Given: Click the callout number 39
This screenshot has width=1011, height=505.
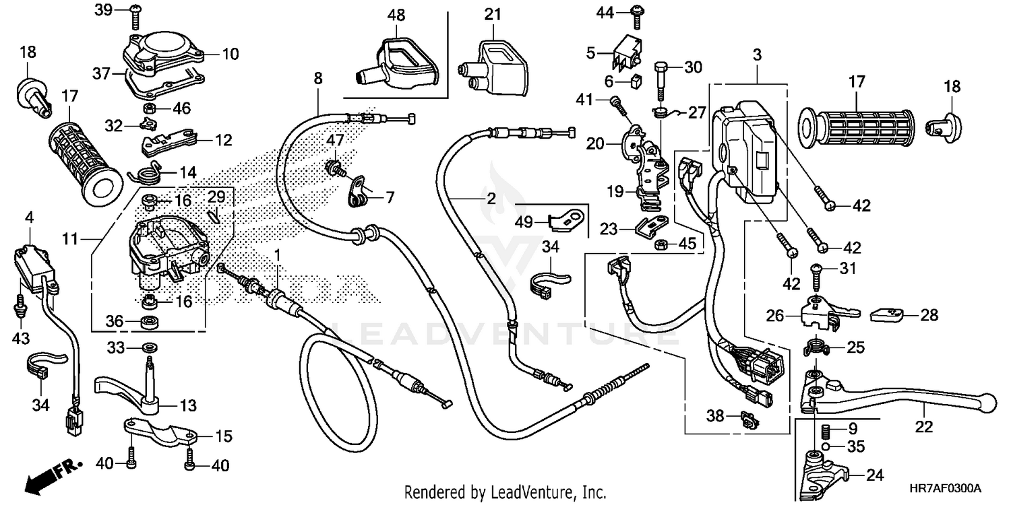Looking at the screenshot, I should pos(103,9).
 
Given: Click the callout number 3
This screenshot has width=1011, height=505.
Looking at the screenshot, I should pos(757,55).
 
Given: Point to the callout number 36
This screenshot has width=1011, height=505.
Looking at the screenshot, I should pos(115,322).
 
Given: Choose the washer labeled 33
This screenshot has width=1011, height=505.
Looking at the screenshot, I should pos(148,347).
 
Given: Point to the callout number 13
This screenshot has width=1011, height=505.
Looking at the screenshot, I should pos(188,405).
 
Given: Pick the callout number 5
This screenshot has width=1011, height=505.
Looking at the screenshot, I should pos(590,52).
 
